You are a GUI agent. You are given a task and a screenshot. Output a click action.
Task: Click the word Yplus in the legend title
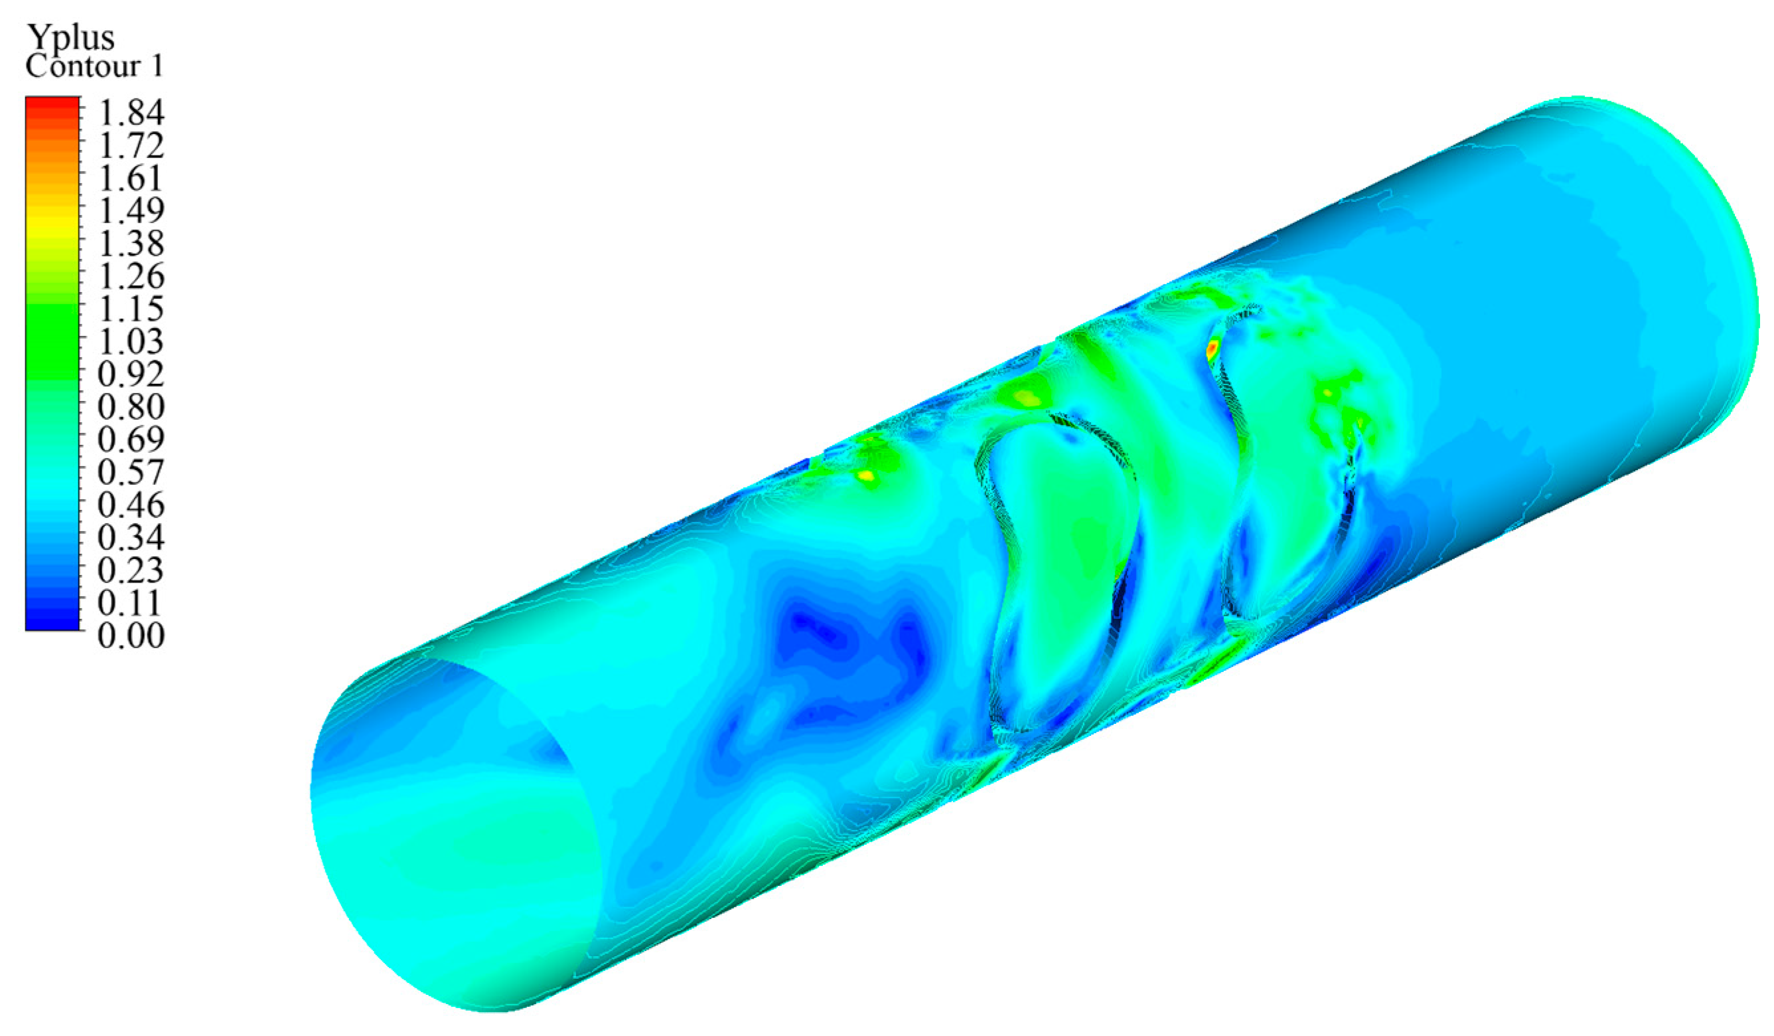70,37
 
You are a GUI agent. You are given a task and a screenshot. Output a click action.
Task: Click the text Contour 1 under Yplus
94,66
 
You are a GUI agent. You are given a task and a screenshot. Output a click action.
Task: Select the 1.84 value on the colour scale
131,113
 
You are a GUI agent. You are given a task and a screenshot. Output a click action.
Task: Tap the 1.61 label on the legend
131,178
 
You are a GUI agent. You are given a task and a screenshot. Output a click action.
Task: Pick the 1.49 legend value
131,211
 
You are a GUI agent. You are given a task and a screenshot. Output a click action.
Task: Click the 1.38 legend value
131,244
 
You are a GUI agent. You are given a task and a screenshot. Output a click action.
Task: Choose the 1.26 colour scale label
131,276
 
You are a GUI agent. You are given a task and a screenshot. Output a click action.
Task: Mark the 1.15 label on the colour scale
131,309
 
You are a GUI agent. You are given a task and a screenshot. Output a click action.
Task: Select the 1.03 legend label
131,341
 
